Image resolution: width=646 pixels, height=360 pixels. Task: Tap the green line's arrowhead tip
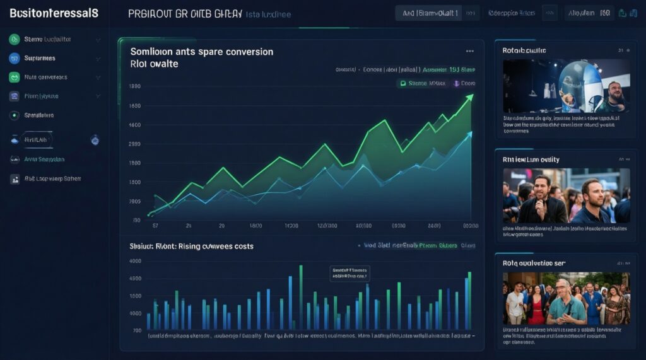(x=471, y=96)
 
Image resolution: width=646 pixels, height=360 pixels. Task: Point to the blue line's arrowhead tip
(x=471, y=133)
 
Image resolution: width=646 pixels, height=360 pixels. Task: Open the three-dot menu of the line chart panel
(x=469, y=51)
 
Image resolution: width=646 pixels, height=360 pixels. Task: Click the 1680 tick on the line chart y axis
(x=134, y=106)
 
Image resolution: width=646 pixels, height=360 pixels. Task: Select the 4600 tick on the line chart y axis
(x=134, y=125)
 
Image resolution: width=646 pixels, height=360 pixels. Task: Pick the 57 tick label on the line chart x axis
(x=154, y=224)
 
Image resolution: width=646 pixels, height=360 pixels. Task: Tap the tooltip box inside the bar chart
(x=349, y=272)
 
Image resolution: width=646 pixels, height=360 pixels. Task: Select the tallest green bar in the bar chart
(x=301, y=297)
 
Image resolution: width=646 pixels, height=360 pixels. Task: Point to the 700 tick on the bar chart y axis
(x=137, y=330)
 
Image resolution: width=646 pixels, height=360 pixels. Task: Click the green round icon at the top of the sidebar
(x=15, y=39)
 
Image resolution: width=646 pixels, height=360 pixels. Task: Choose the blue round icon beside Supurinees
(x=15, y=58)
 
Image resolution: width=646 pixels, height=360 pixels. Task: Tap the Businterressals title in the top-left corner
(x=50, y=13)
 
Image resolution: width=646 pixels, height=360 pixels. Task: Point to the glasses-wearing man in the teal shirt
(x=567, y=303)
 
